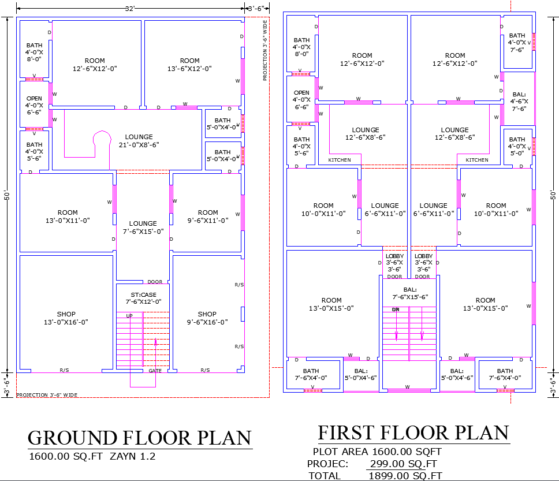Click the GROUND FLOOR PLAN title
point(140,438)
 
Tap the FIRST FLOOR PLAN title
point(413,432)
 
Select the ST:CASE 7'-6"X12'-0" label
point(143,298)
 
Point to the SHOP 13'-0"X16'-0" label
point(66,318)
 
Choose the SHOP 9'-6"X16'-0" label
point(207,318)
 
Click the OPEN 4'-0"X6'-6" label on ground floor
point(34,105)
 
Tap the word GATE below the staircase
point(155,371)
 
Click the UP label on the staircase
point(129,316)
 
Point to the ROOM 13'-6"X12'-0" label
point(189,64)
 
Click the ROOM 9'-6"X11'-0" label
point(208,216)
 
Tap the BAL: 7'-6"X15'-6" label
point(410,293)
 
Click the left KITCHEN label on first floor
point(340,160)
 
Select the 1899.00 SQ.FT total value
point(404,475)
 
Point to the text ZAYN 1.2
point(133,456)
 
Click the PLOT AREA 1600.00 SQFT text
point(377,452)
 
